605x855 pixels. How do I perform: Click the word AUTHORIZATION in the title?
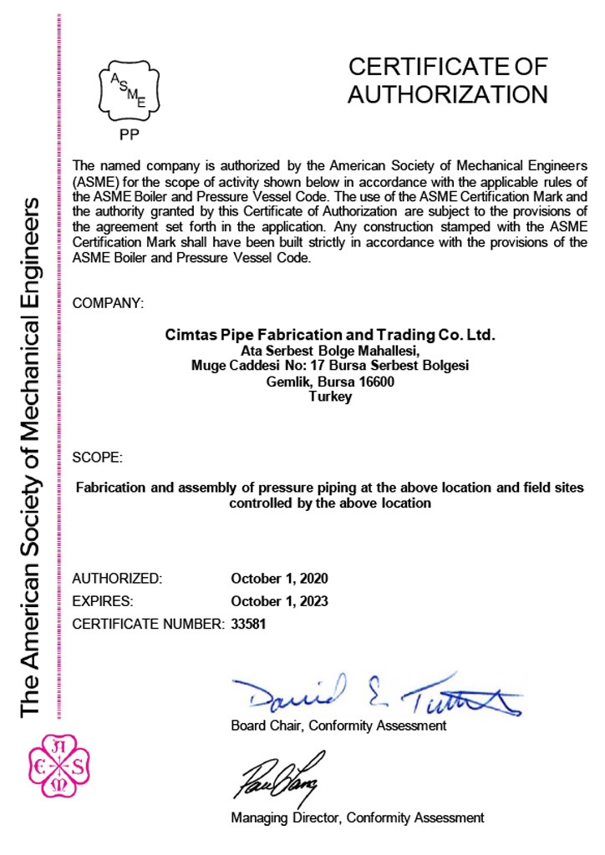(x=447, y=94)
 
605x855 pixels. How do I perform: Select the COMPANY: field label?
(x=108, y=303)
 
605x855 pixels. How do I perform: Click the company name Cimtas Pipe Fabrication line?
(x=330, y=335)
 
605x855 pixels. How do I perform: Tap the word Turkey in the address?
(x=330, y=397)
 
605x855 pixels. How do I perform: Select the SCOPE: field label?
(x=98, y=458)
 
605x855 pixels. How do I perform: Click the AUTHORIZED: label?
(x=117, y=578)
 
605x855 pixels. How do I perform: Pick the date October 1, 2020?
(x=279, y=578)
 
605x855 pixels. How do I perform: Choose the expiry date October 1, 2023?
(x=279, y=600)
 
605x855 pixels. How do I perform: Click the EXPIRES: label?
(x=104, y=600)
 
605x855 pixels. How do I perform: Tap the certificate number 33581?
(x=248, y=623)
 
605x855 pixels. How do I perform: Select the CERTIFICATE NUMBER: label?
(x=149, y=623)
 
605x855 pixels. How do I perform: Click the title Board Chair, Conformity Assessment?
(x=338, y=726)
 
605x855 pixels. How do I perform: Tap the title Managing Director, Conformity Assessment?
(x=357, y=818)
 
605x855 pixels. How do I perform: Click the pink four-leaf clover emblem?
(x=59, y=766)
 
